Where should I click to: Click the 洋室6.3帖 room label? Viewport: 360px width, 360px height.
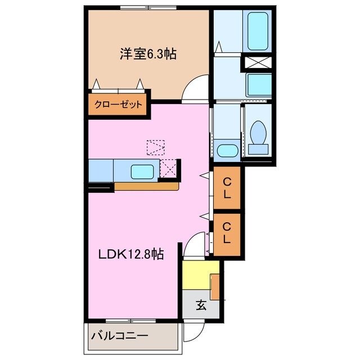[147, 55]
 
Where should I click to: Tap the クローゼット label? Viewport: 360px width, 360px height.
[118, 105]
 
